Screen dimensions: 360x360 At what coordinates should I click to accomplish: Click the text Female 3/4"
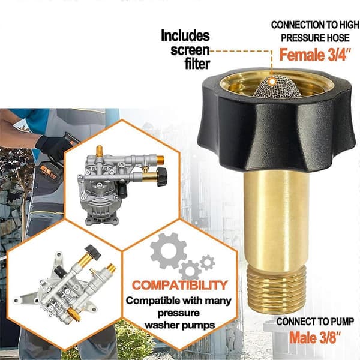[x=315, y=55]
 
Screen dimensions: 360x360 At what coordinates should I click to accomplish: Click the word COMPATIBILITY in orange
[x=180, y=285]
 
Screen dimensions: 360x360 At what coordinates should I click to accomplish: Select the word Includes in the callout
[x=185, y=35]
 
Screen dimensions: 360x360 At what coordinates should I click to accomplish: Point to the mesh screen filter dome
[x=277, y=86]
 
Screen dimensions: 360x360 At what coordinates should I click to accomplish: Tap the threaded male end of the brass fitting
[x=277, y=291]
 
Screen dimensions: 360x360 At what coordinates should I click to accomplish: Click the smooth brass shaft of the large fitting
[x=277, y=219]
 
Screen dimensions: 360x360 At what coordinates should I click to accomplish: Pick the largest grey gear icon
[x=168, y=251]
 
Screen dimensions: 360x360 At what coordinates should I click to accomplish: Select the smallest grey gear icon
[x=208, y=262]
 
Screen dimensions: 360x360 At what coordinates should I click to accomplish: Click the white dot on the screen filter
[x=272, y=81]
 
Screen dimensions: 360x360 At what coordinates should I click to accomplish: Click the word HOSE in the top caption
[x=338, y=38]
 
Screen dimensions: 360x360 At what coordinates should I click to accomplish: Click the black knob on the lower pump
[x=92, y=253]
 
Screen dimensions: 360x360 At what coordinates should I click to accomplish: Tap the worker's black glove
[x=53, y=147]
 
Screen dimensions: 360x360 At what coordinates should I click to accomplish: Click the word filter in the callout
[x=197, y=64]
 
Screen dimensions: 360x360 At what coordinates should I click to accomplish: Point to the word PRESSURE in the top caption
[x=302, y=38]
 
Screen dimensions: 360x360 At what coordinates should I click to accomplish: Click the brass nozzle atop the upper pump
[x=99, y=151]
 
